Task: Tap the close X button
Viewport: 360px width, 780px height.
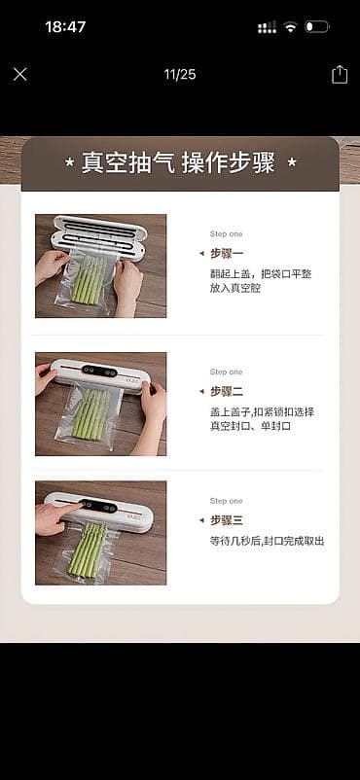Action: [x=20, y=74]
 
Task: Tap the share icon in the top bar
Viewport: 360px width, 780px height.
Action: [x=340, y=74]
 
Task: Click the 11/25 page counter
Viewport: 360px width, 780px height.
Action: [x=179, y=73]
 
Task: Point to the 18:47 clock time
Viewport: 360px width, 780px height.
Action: [x=66, y=27]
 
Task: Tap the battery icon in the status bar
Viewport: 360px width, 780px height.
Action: [x=317, y=27]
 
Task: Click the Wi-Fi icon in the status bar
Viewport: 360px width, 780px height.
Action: [x=290, y=27]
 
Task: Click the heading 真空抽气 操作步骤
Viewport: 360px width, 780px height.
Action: [x=180, y=162]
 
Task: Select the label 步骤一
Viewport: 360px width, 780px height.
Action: [x=227, y=253]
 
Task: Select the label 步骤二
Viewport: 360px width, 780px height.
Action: [x=227, y=391]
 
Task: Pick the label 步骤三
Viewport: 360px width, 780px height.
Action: [x=227, y=520]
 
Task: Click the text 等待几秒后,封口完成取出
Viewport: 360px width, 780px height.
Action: [x=267, y=541]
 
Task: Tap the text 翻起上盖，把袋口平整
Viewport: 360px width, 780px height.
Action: [x=261, y=273]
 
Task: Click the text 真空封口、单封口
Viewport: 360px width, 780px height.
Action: [x=250, y=426]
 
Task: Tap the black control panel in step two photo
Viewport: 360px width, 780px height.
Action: [x=98, y=371]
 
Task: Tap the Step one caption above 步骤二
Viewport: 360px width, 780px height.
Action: [x=226, y=372]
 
